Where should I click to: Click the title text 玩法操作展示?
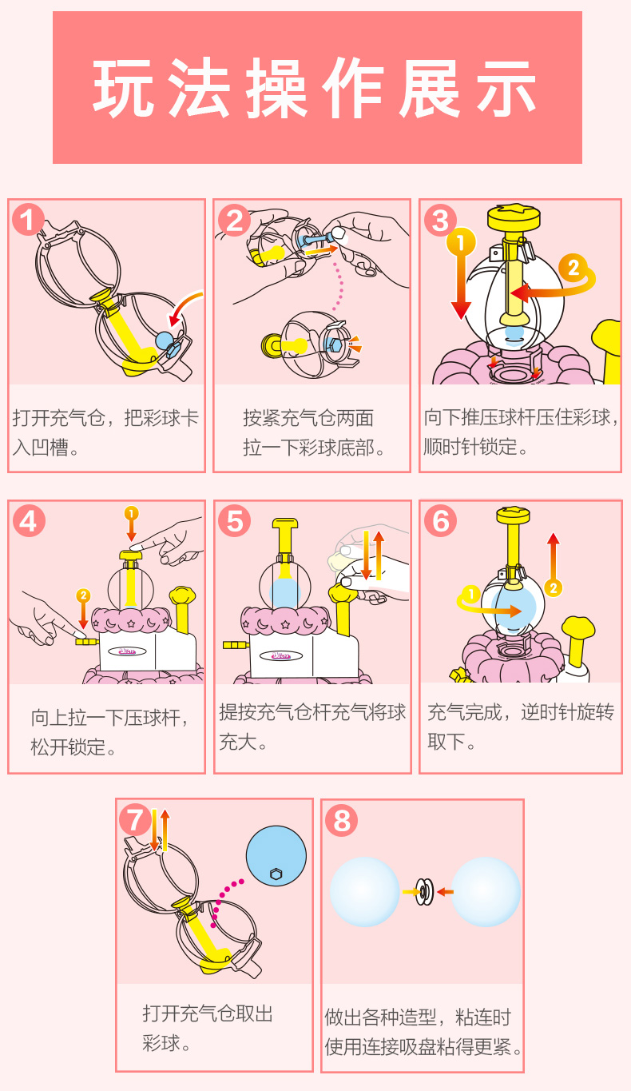pyautogui.click(x=315, y=88)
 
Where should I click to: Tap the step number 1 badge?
pyautogui.click(x=28, y=219)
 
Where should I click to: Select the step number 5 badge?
pyautogui.click(x=235, y=520)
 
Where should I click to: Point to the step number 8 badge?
pyautogui.click(x=341, y=821)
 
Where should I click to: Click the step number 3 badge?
pyautogui.click(x=441, y=220)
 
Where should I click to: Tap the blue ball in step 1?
pyautogui.click(x=164, y=340)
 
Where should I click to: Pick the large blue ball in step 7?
pyautogui.click(x=276, y=856)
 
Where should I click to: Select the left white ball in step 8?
pyautogui.click(x=365, y=892)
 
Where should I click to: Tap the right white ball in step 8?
pyautogui.click(x=486, y=892)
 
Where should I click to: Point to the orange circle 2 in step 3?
pyautogui.click(x=573, y=269)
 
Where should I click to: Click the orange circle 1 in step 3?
pyautogui.click(x=461, y=241)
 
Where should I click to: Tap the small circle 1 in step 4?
pyautogui.click(x=132, y=513)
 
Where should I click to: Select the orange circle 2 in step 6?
pyautogui.click(x=553, y=588)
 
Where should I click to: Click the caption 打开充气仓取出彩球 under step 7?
pyautogui.click(x=208, y=1028)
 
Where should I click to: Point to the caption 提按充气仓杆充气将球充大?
pyautogui.click(x=312, y=727)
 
